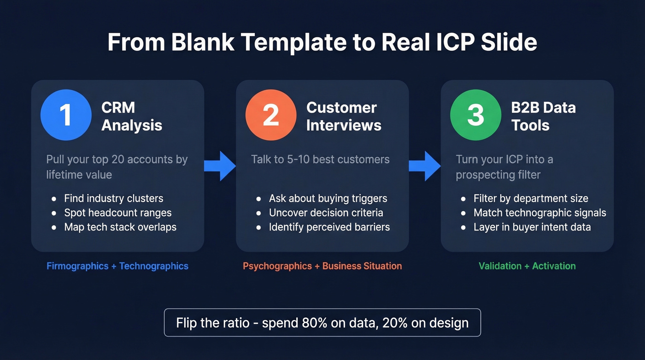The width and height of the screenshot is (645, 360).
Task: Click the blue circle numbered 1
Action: pos(65,115)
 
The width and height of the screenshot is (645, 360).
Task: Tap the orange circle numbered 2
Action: pos(270,115)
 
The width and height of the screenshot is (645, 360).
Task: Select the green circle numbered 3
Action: pos(475,115)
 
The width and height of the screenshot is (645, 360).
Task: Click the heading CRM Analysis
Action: pos(131,116)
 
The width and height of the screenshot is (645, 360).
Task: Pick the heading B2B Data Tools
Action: pos(543,116)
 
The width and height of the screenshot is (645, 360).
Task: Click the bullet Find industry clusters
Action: pos(113,199)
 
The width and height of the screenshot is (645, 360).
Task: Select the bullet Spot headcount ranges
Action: pos(117,213)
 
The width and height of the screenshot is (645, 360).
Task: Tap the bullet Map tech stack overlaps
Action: pos(120,227)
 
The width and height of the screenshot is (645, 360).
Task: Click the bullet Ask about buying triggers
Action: pos(328,199)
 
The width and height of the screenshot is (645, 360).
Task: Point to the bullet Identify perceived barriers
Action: pos(329,227)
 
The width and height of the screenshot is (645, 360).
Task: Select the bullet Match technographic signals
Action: pos(539,213)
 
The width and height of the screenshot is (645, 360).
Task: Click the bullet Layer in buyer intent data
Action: pos(532,227)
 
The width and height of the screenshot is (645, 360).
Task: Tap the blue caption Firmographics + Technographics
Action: pos(117,266)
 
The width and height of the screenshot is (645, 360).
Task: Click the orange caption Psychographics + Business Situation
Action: pos(322,266)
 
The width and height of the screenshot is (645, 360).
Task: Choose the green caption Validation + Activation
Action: pos(527,266)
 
